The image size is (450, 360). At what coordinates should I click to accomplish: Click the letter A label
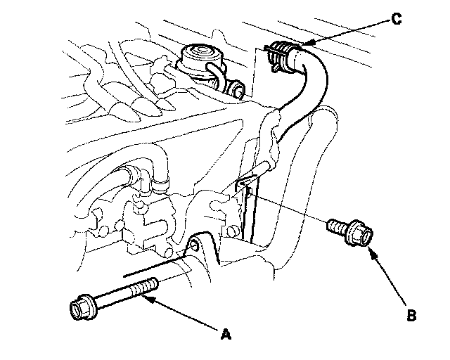pos(226,335)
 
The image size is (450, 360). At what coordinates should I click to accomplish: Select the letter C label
pos(397,19)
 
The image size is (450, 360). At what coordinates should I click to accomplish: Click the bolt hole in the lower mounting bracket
pos(193,246)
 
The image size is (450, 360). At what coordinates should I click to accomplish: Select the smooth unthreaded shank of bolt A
pos(112,299)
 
